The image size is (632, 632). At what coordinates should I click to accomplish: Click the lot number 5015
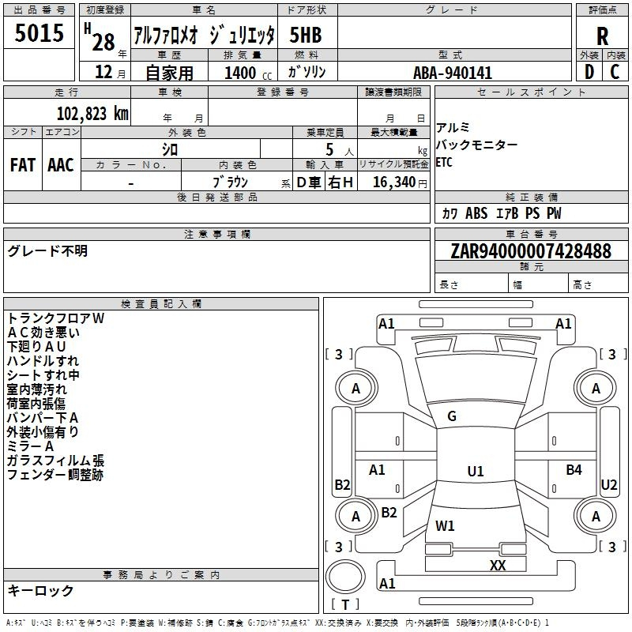tap(39, 32)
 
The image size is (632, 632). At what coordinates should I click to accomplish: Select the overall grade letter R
tap(602, 36)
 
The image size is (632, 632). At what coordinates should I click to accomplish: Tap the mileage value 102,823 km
tap(92, 114)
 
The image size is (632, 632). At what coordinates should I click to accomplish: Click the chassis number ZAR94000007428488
tap(531, 250)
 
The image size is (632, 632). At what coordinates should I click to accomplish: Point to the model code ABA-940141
tap(453, 73)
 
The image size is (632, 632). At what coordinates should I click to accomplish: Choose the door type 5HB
tap(306, 35)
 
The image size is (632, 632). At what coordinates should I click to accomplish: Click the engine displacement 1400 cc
tap(248, 73)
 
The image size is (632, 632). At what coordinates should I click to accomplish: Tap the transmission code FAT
tap(23, 165)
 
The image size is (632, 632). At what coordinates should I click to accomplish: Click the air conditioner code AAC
tap(61, 165)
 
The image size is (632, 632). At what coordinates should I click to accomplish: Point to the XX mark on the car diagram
tap(498, 566)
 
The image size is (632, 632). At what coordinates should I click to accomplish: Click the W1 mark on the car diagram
tap(445, 525)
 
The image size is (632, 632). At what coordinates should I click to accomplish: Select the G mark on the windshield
tap(452, 416)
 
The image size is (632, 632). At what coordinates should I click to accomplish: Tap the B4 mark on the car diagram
tap(574, 469)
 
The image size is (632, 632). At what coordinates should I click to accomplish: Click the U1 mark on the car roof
tap(476, 471)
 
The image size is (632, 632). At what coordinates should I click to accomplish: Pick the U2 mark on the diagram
tap(608, 485)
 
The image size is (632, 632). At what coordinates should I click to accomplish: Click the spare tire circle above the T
tap(345, 577)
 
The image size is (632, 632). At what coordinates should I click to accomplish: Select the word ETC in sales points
tap(444, 163)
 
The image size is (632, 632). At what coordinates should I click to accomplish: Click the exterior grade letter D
tap(589, 72)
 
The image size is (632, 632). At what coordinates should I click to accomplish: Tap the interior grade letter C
tap(615, 72)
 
